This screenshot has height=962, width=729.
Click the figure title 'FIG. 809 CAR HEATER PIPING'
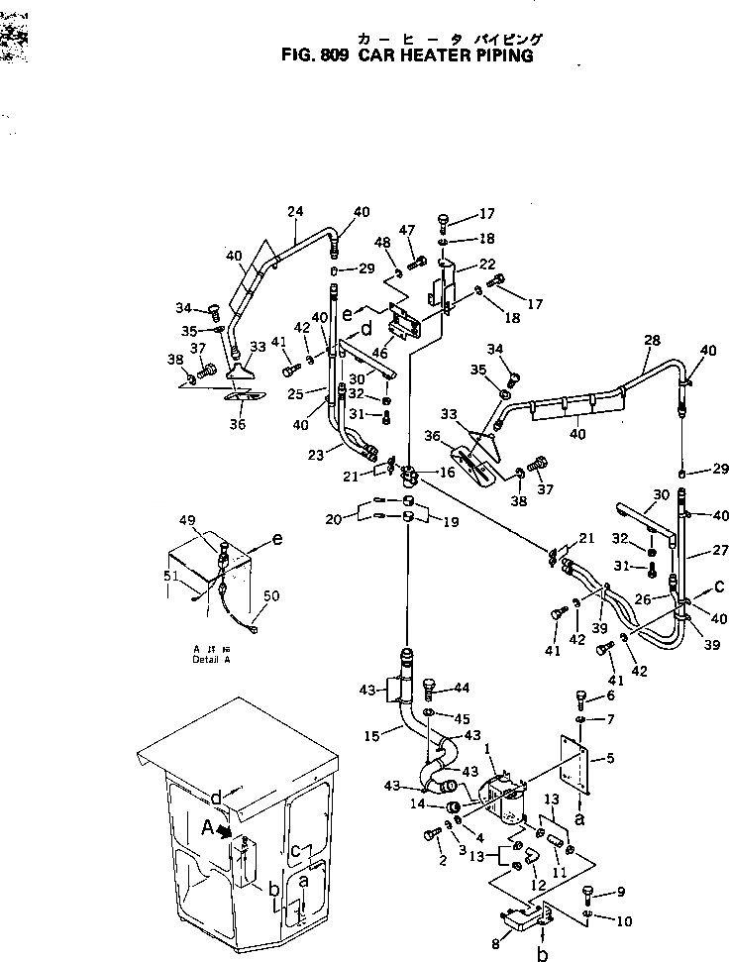click(x=408, y=55)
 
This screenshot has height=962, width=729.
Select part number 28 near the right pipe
click(x=652, y=339)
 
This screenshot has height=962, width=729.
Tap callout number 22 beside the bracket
click(x=487, y=264)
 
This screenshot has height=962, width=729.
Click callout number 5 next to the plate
click(x=608, y=758)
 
